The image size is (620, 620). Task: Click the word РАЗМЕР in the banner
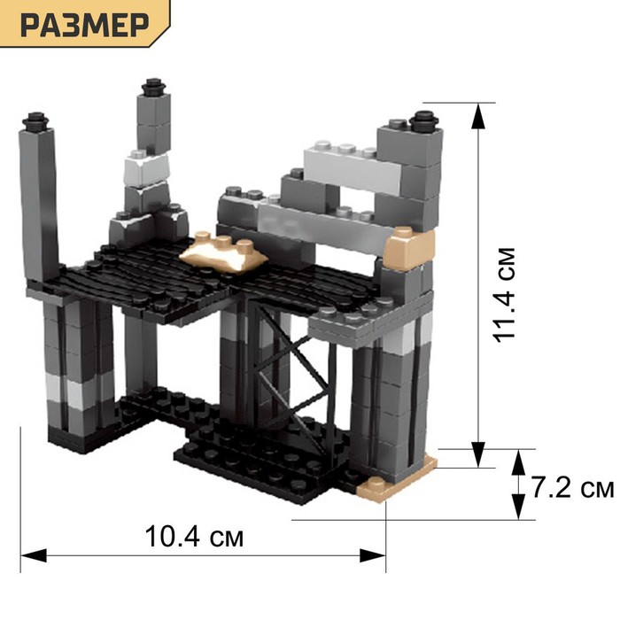tap(85, 25)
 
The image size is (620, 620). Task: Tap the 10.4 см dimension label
tap(194, 537)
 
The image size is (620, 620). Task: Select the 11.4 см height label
tap(505, 295)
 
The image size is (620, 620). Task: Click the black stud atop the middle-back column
tap(152, 87)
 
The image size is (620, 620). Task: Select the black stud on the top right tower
tap(424, 120)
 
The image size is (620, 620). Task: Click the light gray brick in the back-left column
tap(146, 168)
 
